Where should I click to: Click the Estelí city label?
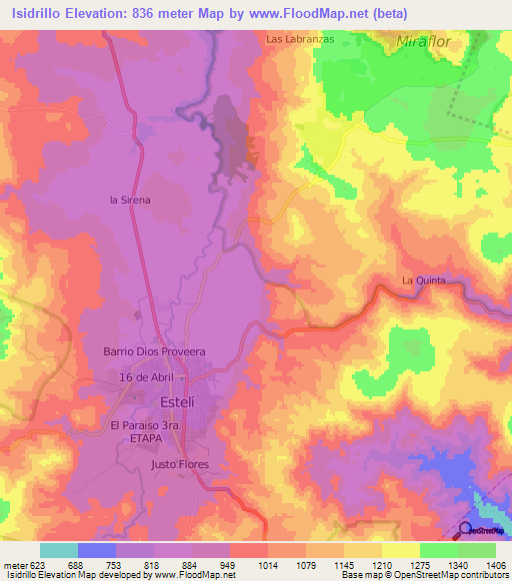click(176, 402)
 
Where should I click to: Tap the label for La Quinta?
click(423, 281)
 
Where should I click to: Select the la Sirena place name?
click(130, 200)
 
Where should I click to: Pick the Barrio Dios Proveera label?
click(154, 351)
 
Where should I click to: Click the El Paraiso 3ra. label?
click(150, 425)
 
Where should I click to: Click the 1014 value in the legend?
click(268, 564)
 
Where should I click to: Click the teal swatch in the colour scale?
click(59, 550)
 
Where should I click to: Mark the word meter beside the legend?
click(15, 564)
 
